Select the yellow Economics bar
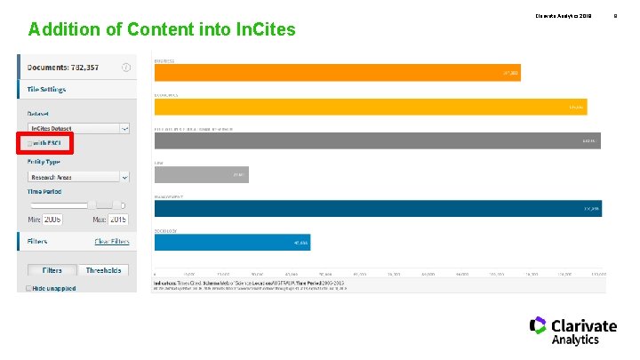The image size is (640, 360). pos(370,107)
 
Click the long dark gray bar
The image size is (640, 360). pos(377,140)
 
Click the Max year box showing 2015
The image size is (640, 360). pos(117,219)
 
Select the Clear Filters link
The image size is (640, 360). pos(112,242)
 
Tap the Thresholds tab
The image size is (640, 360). pos(103,270)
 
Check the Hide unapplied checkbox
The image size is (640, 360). pos(28,288)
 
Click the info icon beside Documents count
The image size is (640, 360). pos(126,67)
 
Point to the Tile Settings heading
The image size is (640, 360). pos(46,89)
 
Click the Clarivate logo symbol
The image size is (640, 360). pos(538,325)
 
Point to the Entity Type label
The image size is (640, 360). pos(44,161)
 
